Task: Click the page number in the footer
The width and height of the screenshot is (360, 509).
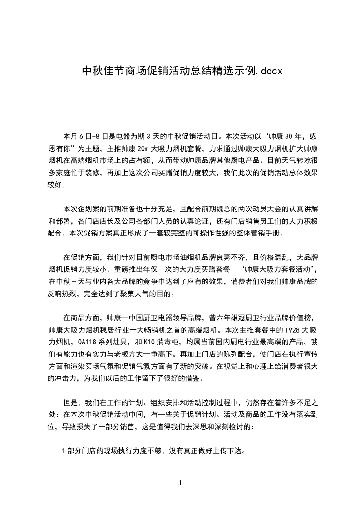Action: coord(180,483)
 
